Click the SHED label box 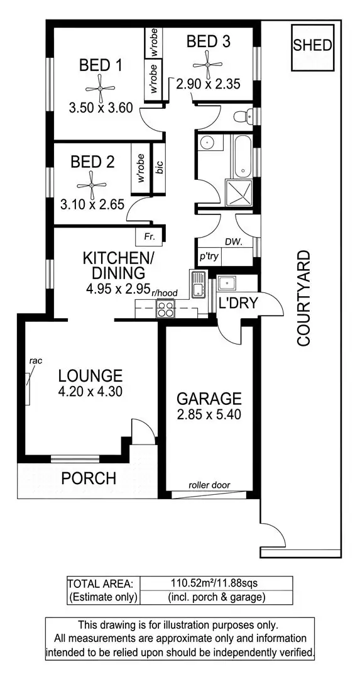(x=312, y=46)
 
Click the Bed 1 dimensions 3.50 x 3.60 (x=101, y=108)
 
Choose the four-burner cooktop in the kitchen (x=166, y=309)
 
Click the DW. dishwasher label (x=234, y=241)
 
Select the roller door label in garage (x=210, y=485)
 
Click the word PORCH (x=89, y=478)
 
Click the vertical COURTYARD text (x=304, y=299)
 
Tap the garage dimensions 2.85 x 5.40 (x=209, y=415)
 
